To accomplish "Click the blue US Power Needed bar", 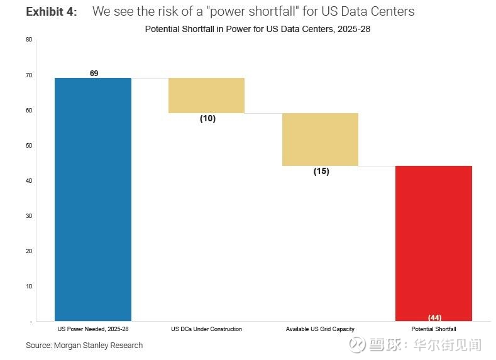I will click(x=93, y=199).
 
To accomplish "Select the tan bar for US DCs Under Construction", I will click(x=206, y=95).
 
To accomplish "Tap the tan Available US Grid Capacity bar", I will click(x=320, y=139).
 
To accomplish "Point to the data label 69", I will click(x=94, y=74).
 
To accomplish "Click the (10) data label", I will click(x=207, y=119).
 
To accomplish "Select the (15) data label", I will click(x=321, y=172).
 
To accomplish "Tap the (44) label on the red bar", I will click(x=434, y=318).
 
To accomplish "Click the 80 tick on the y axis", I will click(x=29, y=40).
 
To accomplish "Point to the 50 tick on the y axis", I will click(x=29, y=145).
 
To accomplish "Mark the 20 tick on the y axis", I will click(x=29, y=251).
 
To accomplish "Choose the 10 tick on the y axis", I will click(x=29, y=286).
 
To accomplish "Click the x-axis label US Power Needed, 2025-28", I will click(x=92, y=329).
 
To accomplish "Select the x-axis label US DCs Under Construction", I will click(x=206, y=329).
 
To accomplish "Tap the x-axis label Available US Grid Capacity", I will click(x=320, y=329).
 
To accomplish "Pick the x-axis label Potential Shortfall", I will click(x=434, y=329).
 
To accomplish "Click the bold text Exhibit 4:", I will click(x=52, y=12).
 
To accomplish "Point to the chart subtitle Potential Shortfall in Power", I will click(x=257, y=29).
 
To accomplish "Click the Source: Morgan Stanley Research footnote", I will click(x=84, y=345).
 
